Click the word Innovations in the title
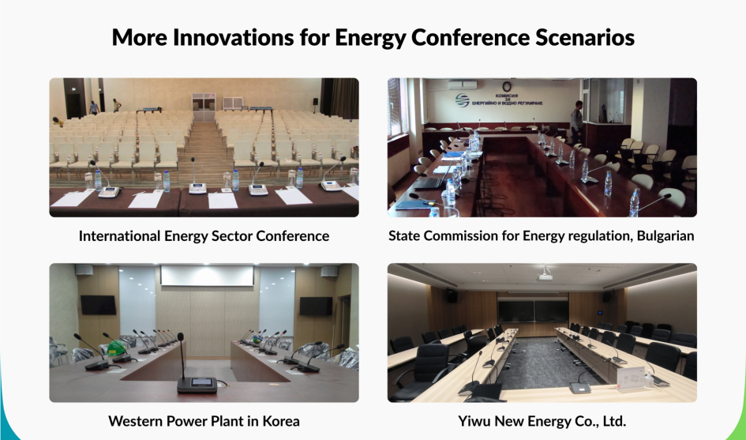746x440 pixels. [233, 38]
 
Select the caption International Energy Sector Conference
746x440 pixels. [204, 235]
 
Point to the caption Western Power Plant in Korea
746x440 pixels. [204, 421]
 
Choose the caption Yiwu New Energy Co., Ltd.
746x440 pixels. [542, 421]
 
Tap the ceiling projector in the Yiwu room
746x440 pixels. [545, 276]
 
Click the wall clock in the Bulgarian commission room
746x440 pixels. [507, 87]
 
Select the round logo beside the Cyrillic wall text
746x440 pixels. [462, 100]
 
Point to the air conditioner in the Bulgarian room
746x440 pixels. [462, 85]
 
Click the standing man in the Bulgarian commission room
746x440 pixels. [576, 122]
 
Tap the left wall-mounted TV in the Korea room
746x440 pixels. [98, 305]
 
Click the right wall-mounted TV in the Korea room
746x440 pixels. [316, 306]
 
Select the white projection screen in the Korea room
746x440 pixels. [207, 276]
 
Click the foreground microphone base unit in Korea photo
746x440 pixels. [197, 384]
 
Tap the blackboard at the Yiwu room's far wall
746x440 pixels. [533, 310]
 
